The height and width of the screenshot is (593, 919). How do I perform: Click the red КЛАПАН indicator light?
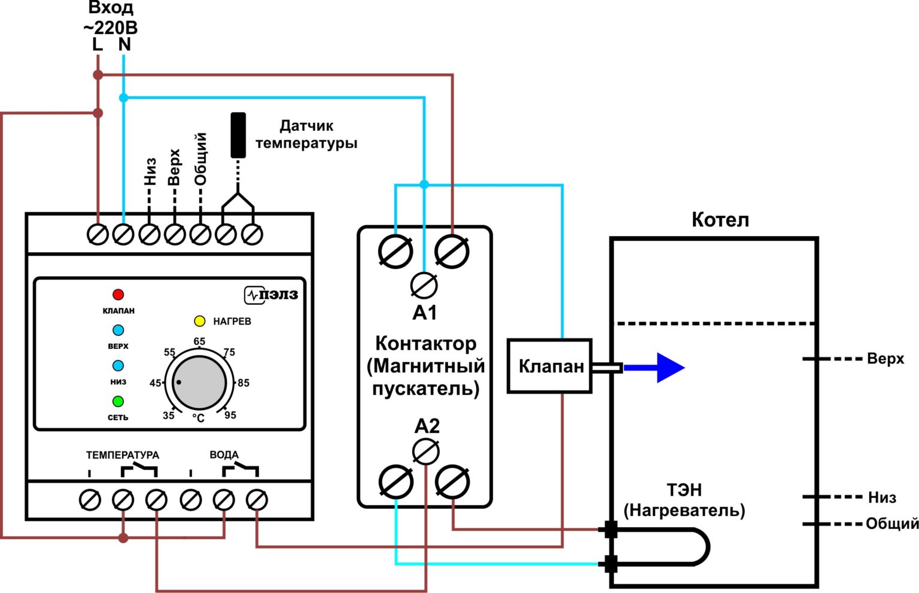point(118,295)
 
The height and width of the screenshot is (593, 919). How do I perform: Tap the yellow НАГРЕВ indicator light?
point(200,321)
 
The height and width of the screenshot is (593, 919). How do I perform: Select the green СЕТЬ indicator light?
point(118,401)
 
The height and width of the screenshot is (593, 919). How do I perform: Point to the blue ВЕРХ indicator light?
point(118,330)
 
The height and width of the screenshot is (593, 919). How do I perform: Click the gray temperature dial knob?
point(199,383)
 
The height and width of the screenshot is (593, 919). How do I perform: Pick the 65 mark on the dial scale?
point(199,341)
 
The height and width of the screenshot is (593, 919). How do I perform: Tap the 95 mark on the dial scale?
point(230,415)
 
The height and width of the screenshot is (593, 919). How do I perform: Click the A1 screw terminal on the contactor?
point(424,286)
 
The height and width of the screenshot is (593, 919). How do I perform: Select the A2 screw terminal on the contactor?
point(426,452)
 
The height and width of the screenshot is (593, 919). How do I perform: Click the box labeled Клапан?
point(550,366)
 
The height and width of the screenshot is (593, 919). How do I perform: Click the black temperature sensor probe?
point(238,135)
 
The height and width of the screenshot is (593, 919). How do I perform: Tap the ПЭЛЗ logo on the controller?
point(272,295)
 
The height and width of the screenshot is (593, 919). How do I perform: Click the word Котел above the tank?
point(720,220)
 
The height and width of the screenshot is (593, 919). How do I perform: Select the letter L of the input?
point(98,44)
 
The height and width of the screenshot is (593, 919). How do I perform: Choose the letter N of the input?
point(124,44)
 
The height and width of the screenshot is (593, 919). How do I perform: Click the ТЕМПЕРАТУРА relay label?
point(123,455)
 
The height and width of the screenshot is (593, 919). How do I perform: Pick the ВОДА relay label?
point(224,455)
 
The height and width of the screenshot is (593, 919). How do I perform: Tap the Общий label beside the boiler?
point(892,524)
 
